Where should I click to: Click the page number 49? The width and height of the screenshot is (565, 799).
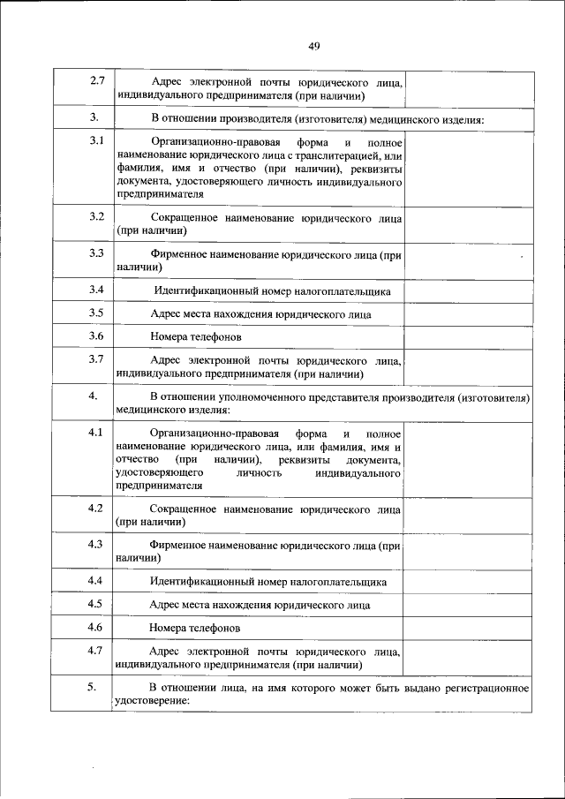[313, 47]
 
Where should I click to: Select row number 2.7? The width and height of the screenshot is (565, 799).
[97, 82]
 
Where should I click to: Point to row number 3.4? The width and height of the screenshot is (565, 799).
[97, 290]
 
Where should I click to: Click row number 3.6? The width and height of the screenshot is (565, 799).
[97, 336]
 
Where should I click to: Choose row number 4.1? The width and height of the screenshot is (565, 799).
[97, 433]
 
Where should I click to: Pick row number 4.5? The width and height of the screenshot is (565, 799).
[97, 604]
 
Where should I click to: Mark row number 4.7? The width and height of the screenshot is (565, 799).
[97, 652]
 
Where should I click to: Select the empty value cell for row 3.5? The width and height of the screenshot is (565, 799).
[467, 314]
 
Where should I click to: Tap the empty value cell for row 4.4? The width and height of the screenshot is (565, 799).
[467, 582]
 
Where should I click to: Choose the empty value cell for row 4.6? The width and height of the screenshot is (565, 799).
[467, 628]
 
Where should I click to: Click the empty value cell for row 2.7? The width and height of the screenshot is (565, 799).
[467, 88]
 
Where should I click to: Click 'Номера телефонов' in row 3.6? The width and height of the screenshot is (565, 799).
[195, 337]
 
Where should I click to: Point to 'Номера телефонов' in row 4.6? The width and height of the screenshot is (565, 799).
[195, 628]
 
